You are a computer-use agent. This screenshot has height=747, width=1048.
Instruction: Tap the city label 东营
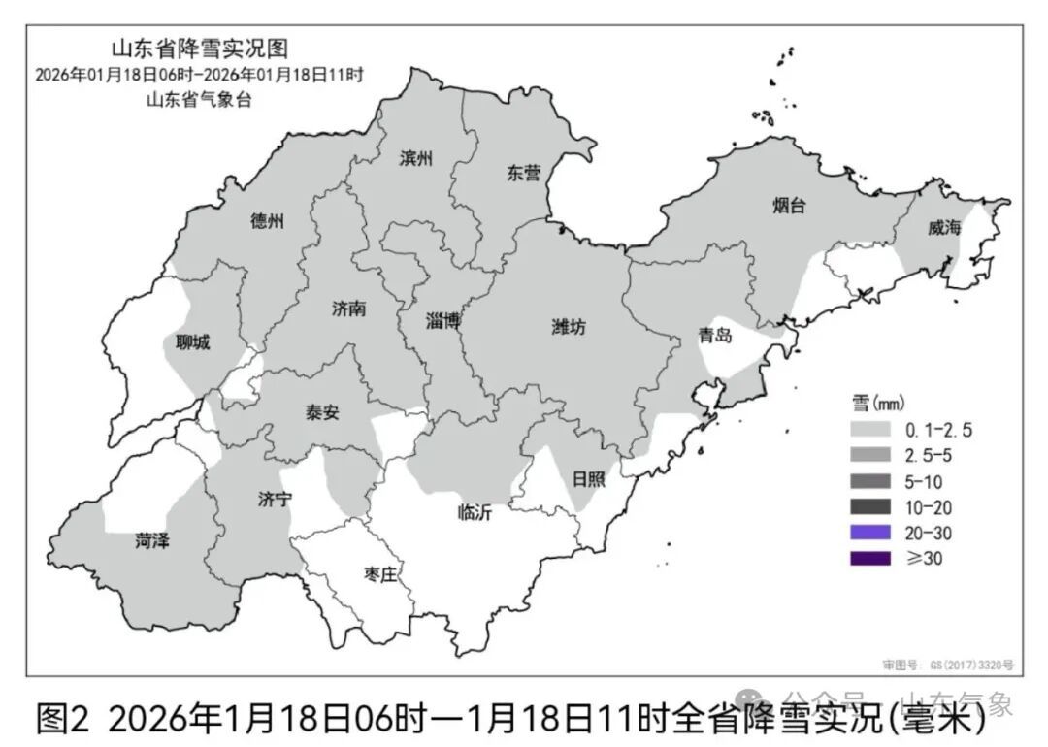click(x=523, y=174)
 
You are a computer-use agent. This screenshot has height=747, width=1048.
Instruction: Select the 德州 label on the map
click(x=267, y=221)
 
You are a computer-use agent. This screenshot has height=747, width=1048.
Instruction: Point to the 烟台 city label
click(x=789, y=205)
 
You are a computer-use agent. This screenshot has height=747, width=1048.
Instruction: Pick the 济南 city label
click(x=348, y=309)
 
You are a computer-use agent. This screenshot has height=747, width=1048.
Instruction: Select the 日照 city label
click(x=588, y=478)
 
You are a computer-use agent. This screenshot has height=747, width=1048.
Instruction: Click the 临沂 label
click(x=475, y=513)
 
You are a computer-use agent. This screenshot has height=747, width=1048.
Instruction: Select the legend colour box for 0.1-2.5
click(x=869, y=429)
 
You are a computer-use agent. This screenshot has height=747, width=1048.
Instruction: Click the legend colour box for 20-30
click(x=869, y=532)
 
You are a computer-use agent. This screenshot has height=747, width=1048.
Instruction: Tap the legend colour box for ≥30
click(x=869, y=558)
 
